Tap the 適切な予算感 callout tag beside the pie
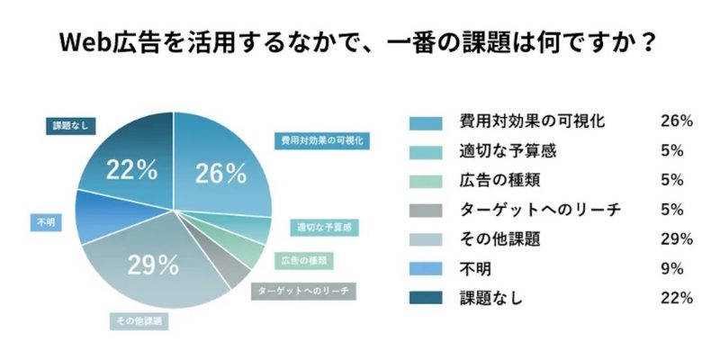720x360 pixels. [324, 228]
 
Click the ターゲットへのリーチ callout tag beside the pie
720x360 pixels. [303, 292]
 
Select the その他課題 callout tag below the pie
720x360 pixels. [138, 319]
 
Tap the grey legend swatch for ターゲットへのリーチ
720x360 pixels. [426, 210]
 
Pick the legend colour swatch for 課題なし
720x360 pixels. [426, 297]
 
